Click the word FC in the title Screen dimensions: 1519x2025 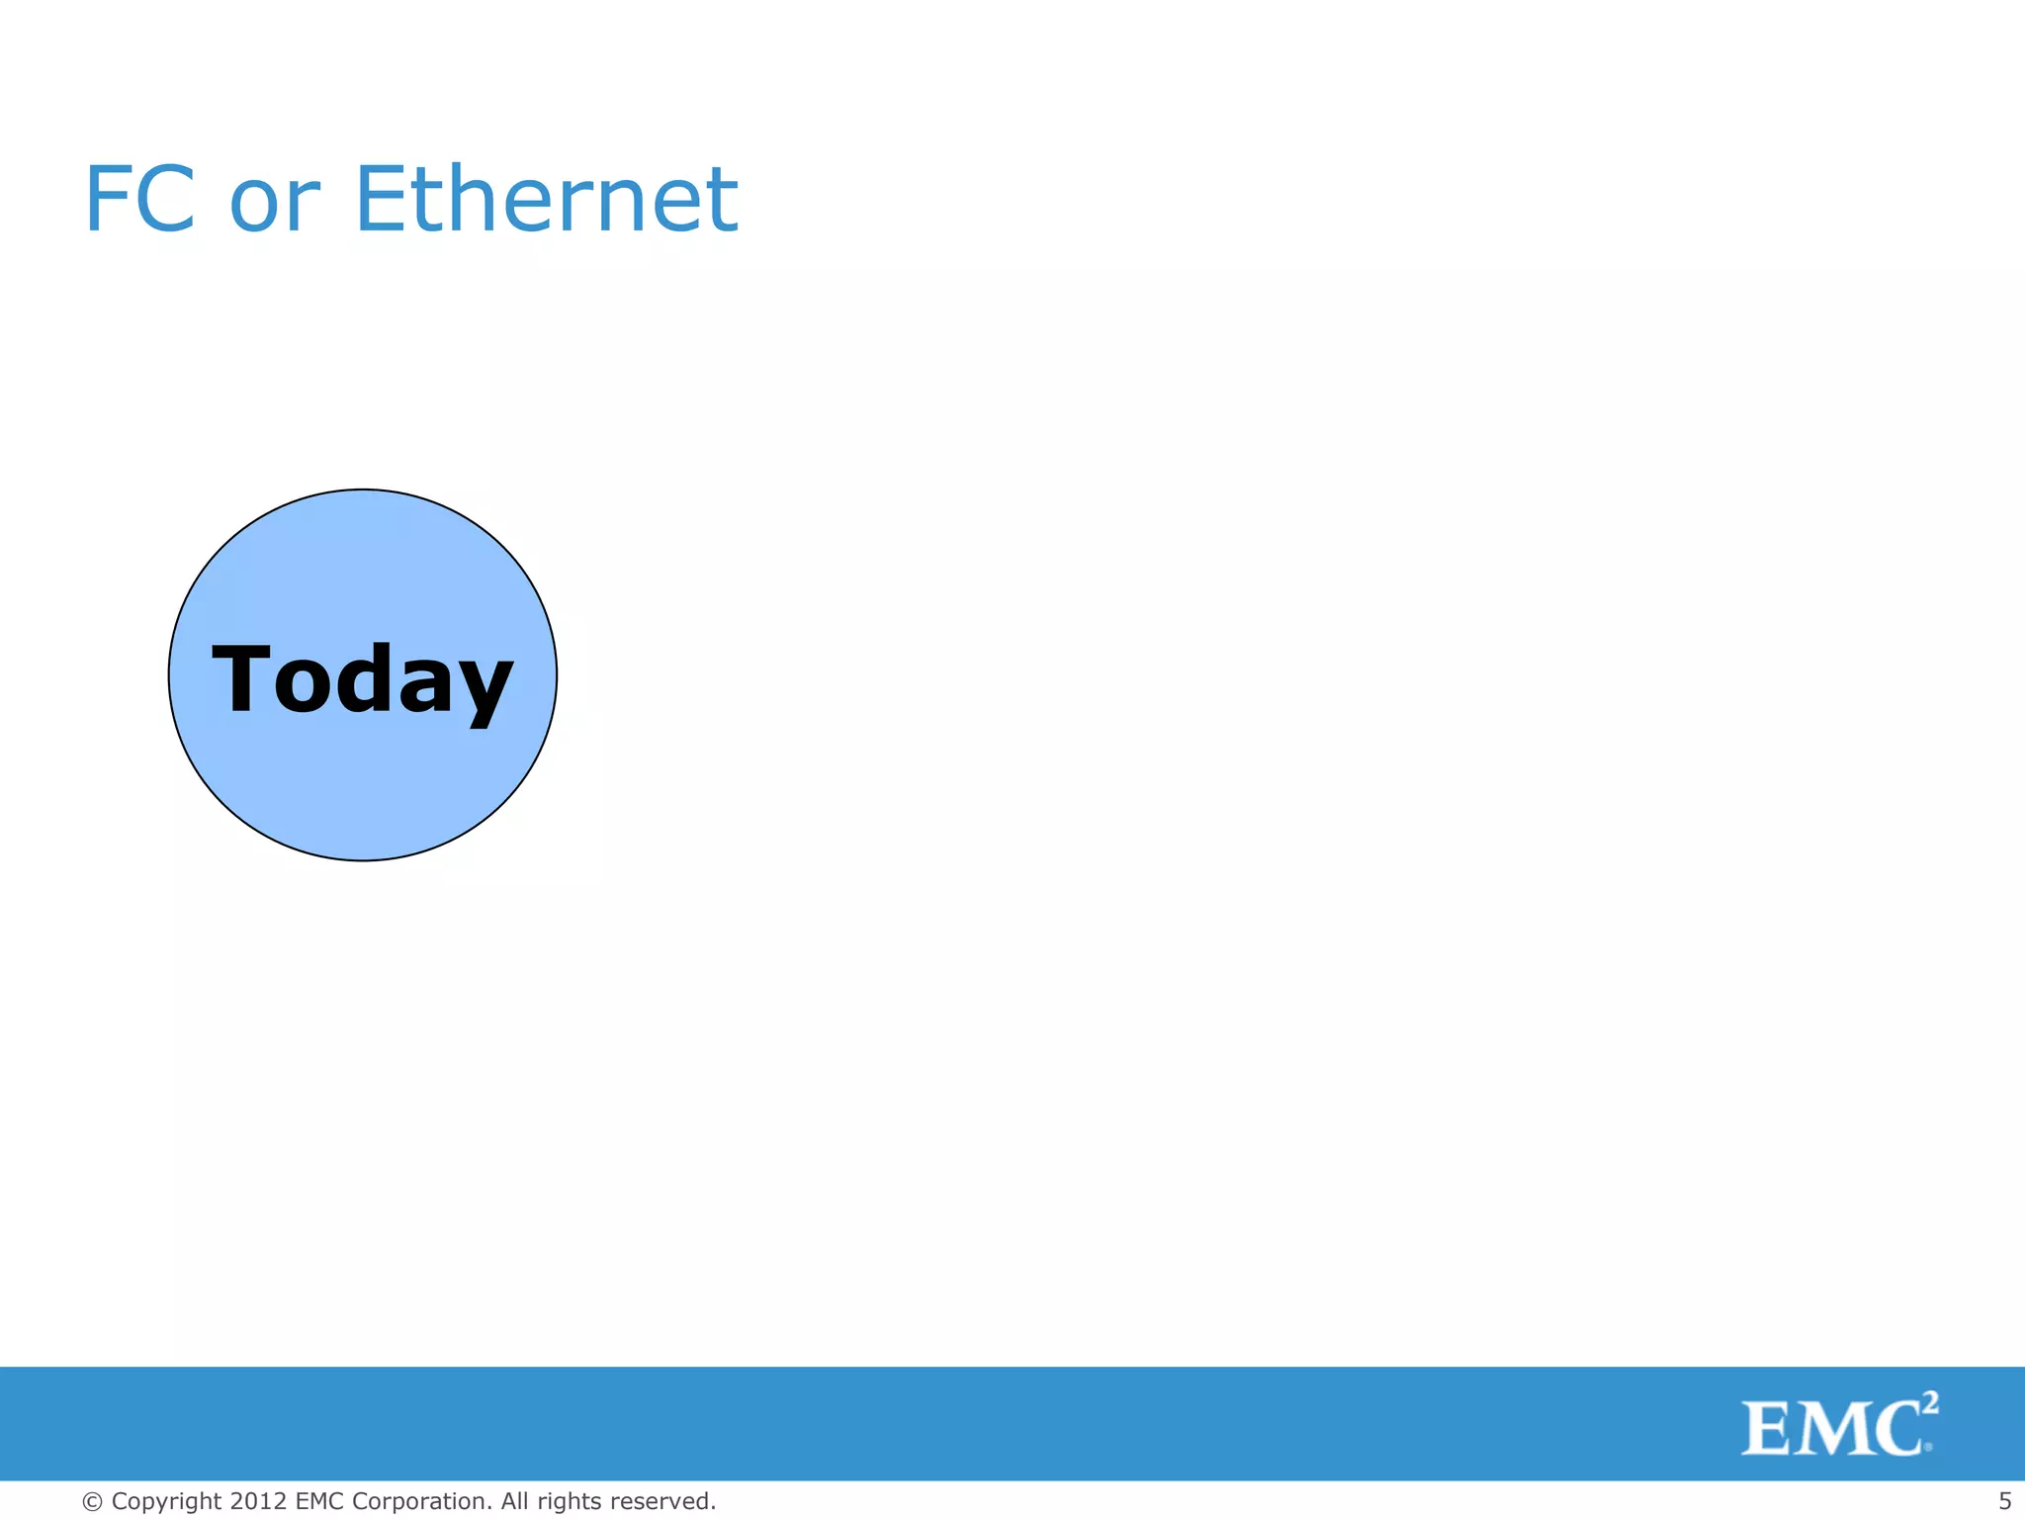[x=139, y=200]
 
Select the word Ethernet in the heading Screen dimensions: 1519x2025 [x=545, y=200]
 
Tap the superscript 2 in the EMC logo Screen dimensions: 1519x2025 [x=1929, y=1403]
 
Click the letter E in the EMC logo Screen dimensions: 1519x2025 [x=1769, y=1429]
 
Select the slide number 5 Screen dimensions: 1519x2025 [x=2004, y=1501]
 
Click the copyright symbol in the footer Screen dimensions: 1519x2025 [x=92, y=1502]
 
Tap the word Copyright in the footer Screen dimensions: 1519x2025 [x=166, y=1502]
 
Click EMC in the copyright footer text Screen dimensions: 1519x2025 [x=319, y=1501]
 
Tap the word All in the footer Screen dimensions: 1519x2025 [x=514, y=1501]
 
